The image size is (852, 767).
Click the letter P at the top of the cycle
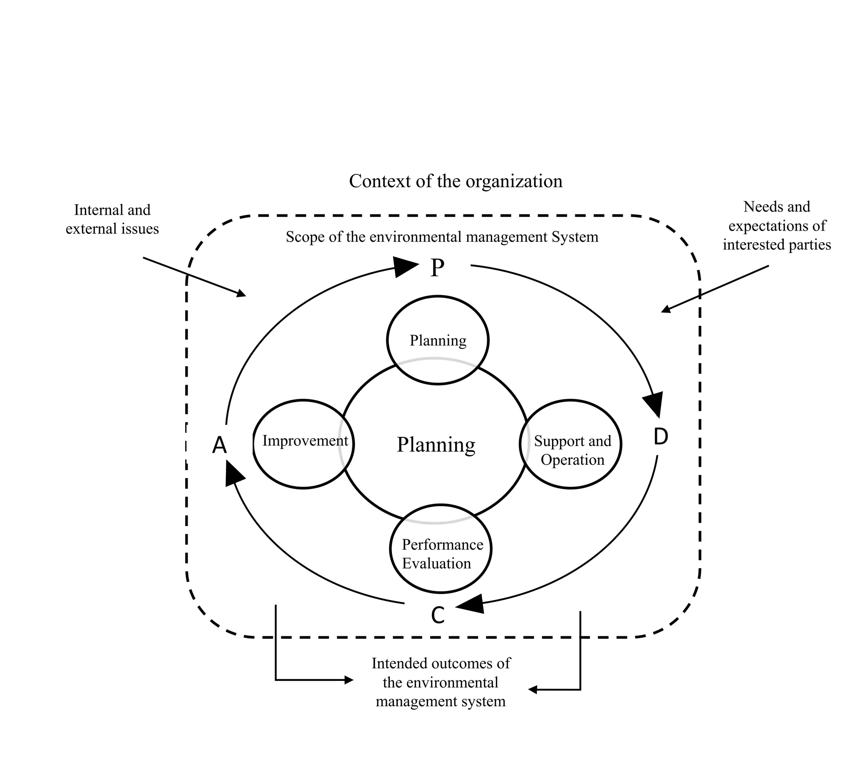437,268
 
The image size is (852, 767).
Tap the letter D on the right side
660,437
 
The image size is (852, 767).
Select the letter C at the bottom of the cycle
438,615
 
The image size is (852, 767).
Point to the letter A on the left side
219,445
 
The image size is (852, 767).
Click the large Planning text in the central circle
436,444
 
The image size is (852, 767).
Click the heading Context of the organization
456,181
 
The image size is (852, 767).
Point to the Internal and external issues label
112,219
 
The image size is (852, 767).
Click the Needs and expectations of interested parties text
777,226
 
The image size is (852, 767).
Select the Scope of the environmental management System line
441,237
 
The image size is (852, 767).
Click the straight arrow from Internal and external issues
194,276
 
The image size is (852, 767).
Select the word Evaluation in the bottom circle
436,563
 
